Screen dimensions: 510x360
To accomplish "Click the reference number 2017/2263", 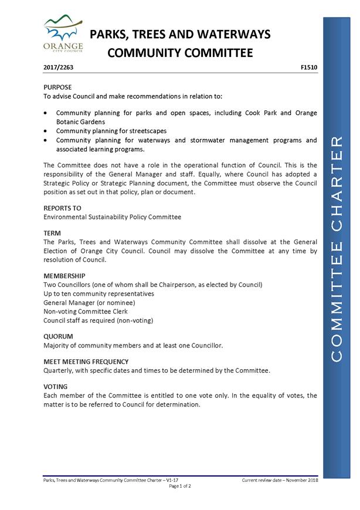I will (58, 67).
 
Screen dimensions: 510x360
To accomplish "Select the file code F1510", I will (308, 67).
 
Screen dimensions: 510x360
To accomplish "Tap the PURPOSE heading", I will (57, 87).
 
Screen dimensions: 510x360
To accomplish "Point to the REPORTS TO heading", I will (62, 208).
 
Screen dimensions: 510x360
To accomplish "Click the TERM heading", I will (52, 234).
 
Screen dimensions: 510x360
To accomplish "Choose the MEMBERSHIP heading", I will (64, 276).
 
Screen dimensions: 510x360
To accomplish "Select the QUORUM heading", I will (58, 337).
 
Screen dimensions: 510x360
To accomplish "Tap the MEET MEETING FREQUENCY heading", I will (86, 362).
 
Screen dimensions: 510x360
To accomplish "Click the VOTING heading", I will (55, 387).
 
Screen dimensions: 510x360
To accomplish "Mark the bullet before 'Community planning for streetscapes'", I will (46, 131).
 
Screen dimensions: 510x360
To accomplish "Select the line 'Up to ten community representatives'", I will (99, 293).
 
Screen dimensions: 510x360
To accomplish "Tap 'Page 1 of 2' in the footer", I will (180, 486).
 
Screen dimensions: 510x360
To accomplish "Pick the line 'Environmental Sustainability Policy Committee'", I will (112, 217).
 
